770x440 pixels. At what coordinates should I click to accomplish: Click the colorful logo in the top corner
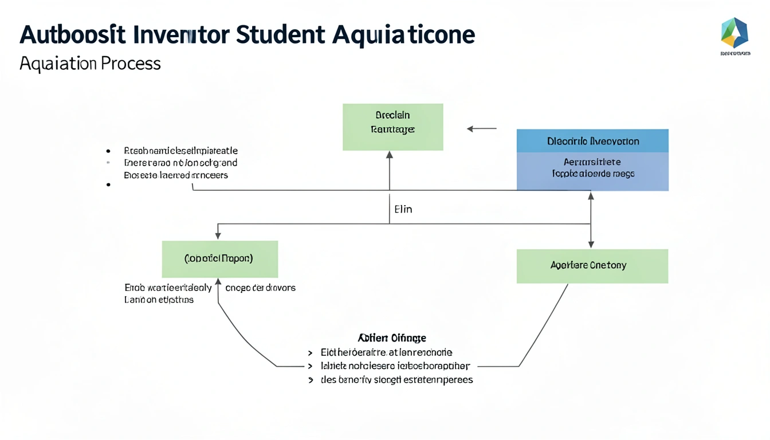734,33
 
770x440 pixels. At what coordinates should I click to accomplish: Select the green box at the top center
392,127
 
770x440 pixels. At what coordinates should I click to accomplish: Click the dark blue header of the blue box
592,141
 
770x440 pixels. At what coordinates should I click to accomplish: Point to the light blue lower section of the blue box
592,171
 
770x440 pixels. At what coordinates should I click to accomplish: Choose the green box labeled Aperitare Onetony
592,266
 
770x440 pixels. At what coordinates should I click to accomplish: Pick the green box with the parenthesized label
219,259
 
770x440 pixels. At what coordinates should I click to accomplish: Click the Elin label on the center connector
403,209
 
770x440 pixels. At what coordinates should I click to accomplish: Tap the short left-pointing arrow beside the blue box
481,129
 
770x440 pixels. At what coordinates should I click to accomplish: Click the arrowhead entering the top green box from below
390,155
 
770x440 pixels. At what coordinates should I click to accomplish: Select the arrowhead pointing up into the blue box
591,196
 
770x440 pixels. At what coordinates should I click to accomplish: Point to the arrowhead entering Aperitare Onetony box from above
591,245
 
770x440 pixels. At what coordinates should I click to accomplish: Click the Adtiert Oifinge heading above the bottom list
392,337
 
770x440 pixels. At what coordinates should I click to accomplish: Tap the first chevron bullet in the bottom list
311,353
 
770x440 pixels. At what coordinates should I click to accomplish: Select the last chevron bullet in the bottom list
311,380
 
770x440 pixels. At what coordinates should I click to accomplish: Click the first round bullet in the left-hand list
108,151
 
